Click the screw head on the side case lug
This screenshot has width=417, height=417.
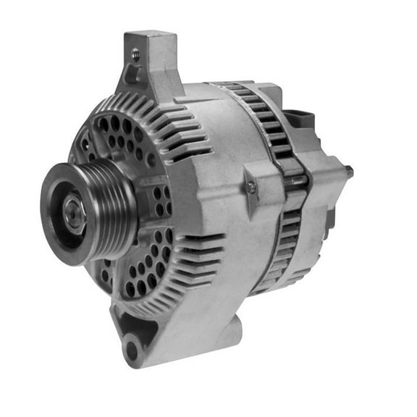pyautogui.click(x=251, y=187)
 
